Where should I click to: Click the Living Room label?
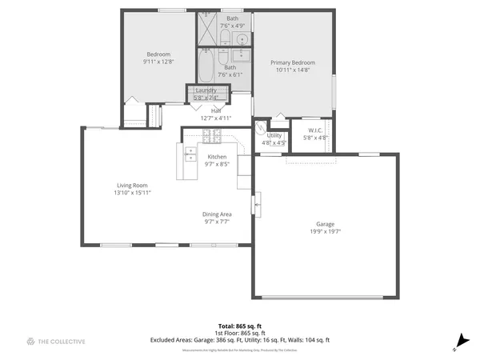point(133,185)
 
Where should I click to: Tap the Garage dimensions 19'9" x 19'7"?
point(325,231)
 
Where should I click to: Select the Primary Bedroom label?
point(292,62)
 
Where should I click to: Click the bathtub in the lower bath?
point(206,70)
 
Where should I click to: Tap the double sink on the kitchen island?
point(190,154)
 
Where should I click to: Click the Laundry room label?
point(206,90)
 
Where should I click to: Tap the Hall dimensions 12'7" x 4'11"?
point(216,118)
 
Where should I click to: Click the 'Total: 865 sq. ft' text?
point(240,326)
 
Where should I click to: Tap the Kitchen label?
point(217,156)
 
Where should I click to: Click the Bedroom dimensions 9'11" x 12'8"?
point(157,62)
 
